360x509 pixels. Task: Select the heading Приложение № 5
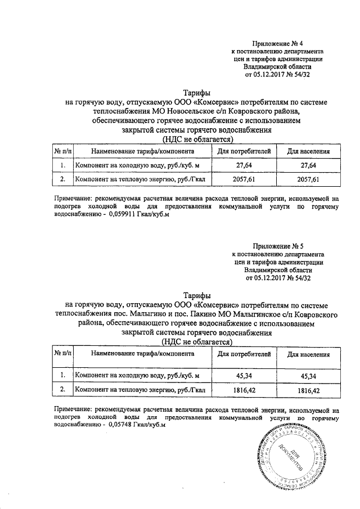[x=278, y=246]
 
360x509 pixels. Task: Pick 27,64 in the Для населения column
[x=308, y=165]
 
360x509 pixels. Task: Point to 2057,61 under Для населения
[x=308, y=179]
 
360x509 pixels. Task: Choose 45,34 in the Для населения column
[x=308, y=375]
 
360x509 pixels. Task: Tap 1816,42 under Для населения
[x=308, y=390]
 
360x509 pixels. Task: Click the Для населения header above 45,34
[x=308, y=354]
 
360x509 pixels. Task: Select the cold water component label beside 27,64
[x=137, y=165]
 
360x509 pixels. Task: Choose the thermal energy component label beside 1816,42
[x=141, y=390]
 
